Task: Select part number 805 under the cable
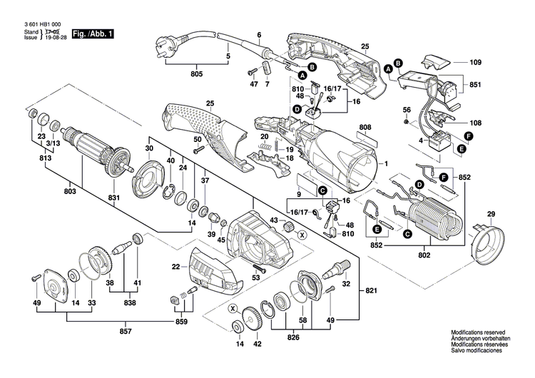pyautogui.click(x=197, y=74)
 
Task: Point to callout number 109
pyautogui.click(x=476, y=63)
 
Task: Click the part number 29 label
pyautogui.click(x=490, y=215)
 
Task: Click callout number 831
pyautogui.click(x=113, y=198)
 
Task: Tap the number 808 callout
pyautogui.click(x=365, y=128)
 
